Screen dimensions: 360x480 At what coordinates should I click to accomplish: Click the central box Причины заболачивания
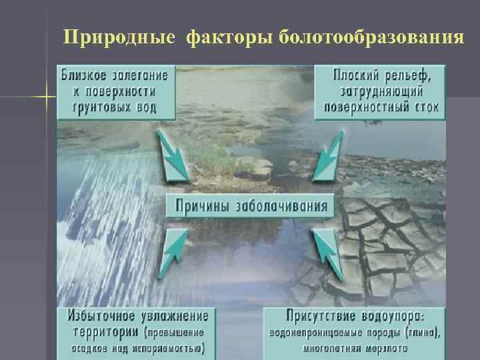pos(251,205)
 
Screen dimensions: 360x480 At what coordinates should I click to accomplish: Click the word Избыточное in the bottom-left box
pos(99,316)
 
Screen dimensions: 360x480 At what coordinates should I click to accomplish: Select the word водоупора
pos(393,316)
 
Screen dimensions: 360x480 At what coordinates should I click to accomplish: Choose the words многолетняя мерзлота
pos(355,348)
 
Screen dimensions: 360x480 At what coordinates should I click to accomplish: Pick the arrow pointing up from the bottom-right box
pos(327,253)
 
